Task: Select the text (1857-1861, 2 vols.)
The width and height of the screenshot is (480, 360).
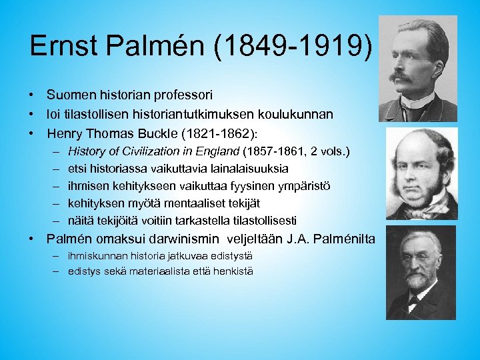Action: click(x=298, y=151)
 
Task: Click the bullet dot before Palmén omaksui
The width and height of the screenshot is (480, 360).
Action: click(x=33, y=239)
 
